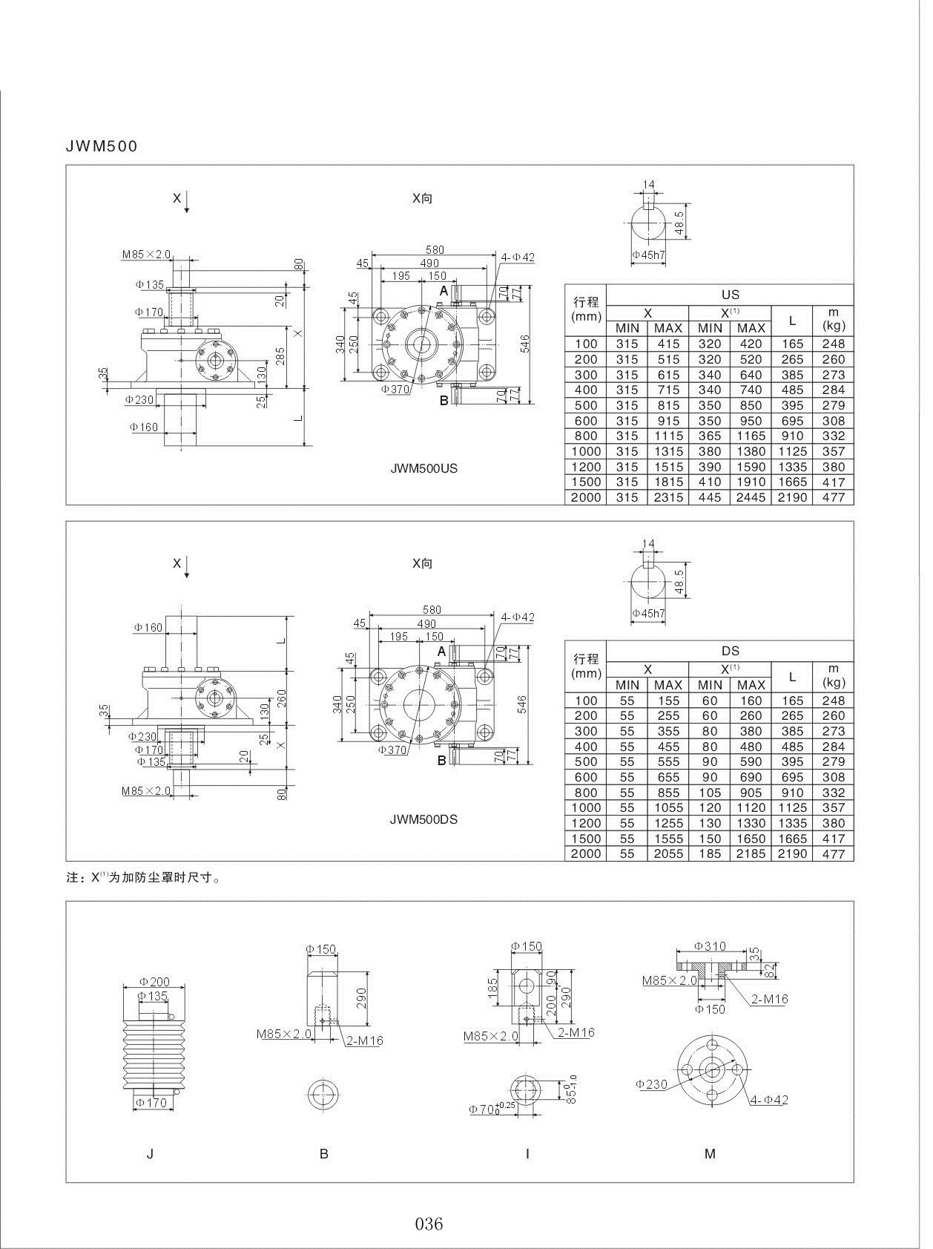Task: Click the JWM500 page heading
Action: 102,146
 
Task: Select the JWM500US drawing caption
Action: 423,469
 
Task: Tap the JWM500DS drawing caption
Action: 423,820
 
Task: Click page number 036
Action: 429,1224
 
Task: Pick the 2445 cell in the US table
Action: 751,498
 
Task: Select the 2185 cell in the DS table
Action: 751,854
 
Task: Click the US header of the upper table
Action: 730,295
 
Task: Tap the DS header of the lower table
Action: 730,651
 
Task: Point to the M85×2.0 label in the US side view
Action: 146,255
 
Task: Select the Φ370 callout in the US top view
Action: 395,389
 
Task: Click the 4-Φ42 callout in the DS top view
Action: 517,617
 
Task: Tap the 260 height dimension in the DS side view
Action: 281,698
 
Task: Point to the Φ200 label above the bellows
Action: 154,983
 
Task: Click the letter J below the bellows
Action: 150,1154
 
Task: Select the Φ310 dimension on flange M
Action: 710,946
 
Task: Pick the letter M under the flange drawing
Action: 710,1154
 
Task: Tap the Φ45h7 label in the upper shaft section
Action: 649,255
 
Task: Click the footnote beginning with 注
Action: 144,877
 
